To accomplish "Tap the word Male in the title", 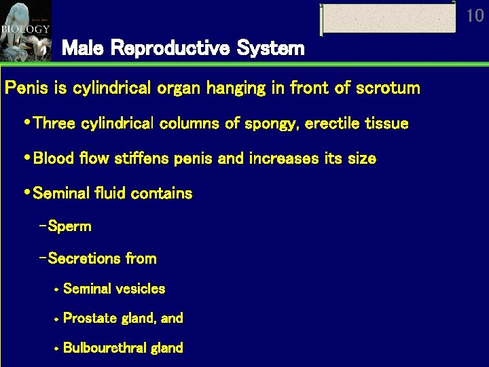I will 83,48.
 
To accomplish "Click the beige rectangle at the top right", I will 388,18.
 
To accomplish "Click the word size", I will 360,158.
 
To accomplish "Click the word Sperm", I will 70,226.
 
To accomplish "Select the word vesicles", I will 141,289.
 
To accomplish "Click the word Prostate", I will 89,318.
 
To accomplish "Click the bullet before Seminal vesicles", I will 56,290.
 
